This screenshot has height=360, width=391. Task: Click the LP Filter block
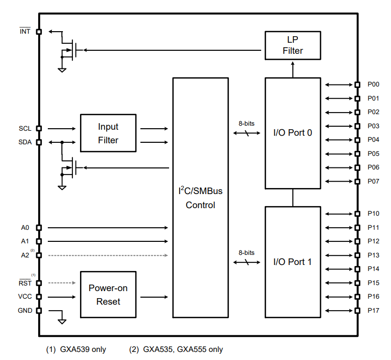click(292, 45)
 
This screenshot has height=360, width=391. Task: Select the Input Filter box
click(108, 133)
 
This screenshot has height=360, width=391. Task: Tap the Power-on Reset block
click(108, 295)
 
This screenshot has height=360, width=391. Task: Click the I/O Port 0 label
click(292, 133)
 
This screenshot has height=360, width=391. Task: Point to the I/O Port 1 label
click(292, 261)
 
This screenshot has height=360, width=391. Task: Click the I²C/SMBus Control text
click(200, 198)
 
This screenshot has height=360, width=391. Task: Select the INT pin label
click(25, 31)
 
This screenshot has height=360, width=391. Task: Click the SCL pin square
click(39, 129)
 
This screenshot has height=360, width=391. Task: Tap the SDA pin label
click(25, 142)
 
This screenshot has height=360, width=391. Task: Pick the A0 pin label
click(25, 228)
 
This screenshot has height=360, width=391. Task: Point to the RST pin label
click(25, 283)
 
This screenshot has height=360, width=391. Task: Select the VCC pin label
click(25, 297)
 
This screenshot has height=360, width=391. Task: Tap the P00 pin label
click(373, 84)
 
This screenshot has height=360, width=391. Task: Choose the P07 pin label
click(373, 181)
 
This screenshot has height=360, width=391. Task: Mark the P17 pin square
click(357, 311)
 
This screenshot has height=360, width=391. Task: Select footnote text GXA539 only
click(83, 349)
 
